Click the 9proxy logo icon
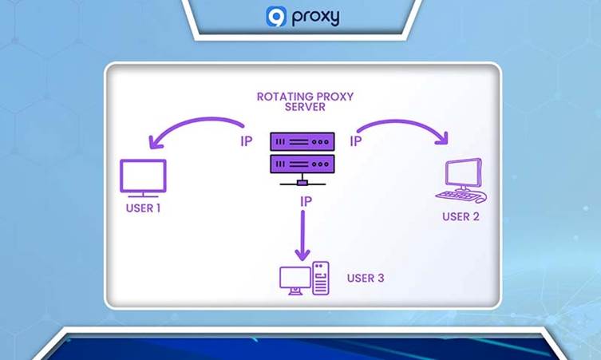[275, 17]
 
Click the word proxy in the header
[314, 18]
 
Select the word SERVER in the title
[304, 107]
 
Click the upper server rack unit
[301, 141]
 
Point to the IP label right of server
[356, 141]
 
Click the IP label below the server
[305, 202]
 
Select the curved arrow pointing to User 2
[403, 126]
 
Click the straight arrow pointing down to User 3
[302, 235]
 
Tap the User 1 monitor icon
[143, 177]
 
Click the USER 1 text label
[143, 208]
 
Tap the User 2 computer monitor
[463, 172]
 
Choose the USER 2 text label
[461, 216]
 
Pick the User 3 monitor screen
[293, 276]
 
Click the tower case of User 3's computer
[320, 278]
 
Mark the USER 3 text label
[366, 279]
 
